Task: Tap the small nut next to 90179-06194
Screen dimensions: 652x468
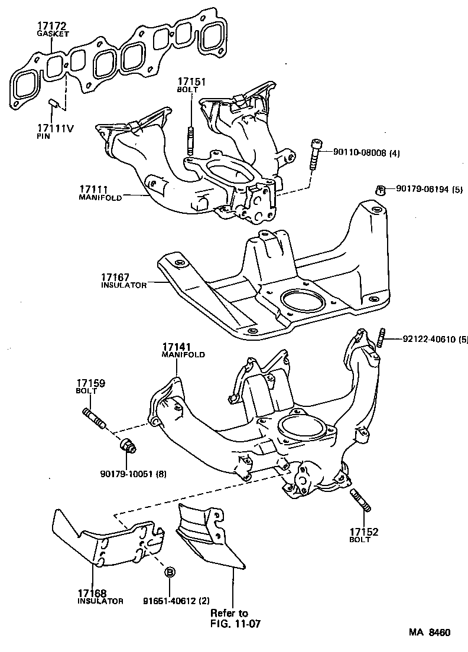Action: (382, 190)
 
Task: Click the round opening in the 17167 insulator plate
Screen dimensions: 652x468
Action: (303, 301)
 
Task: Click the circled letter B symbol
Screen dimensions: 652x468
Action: (170, 572)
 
